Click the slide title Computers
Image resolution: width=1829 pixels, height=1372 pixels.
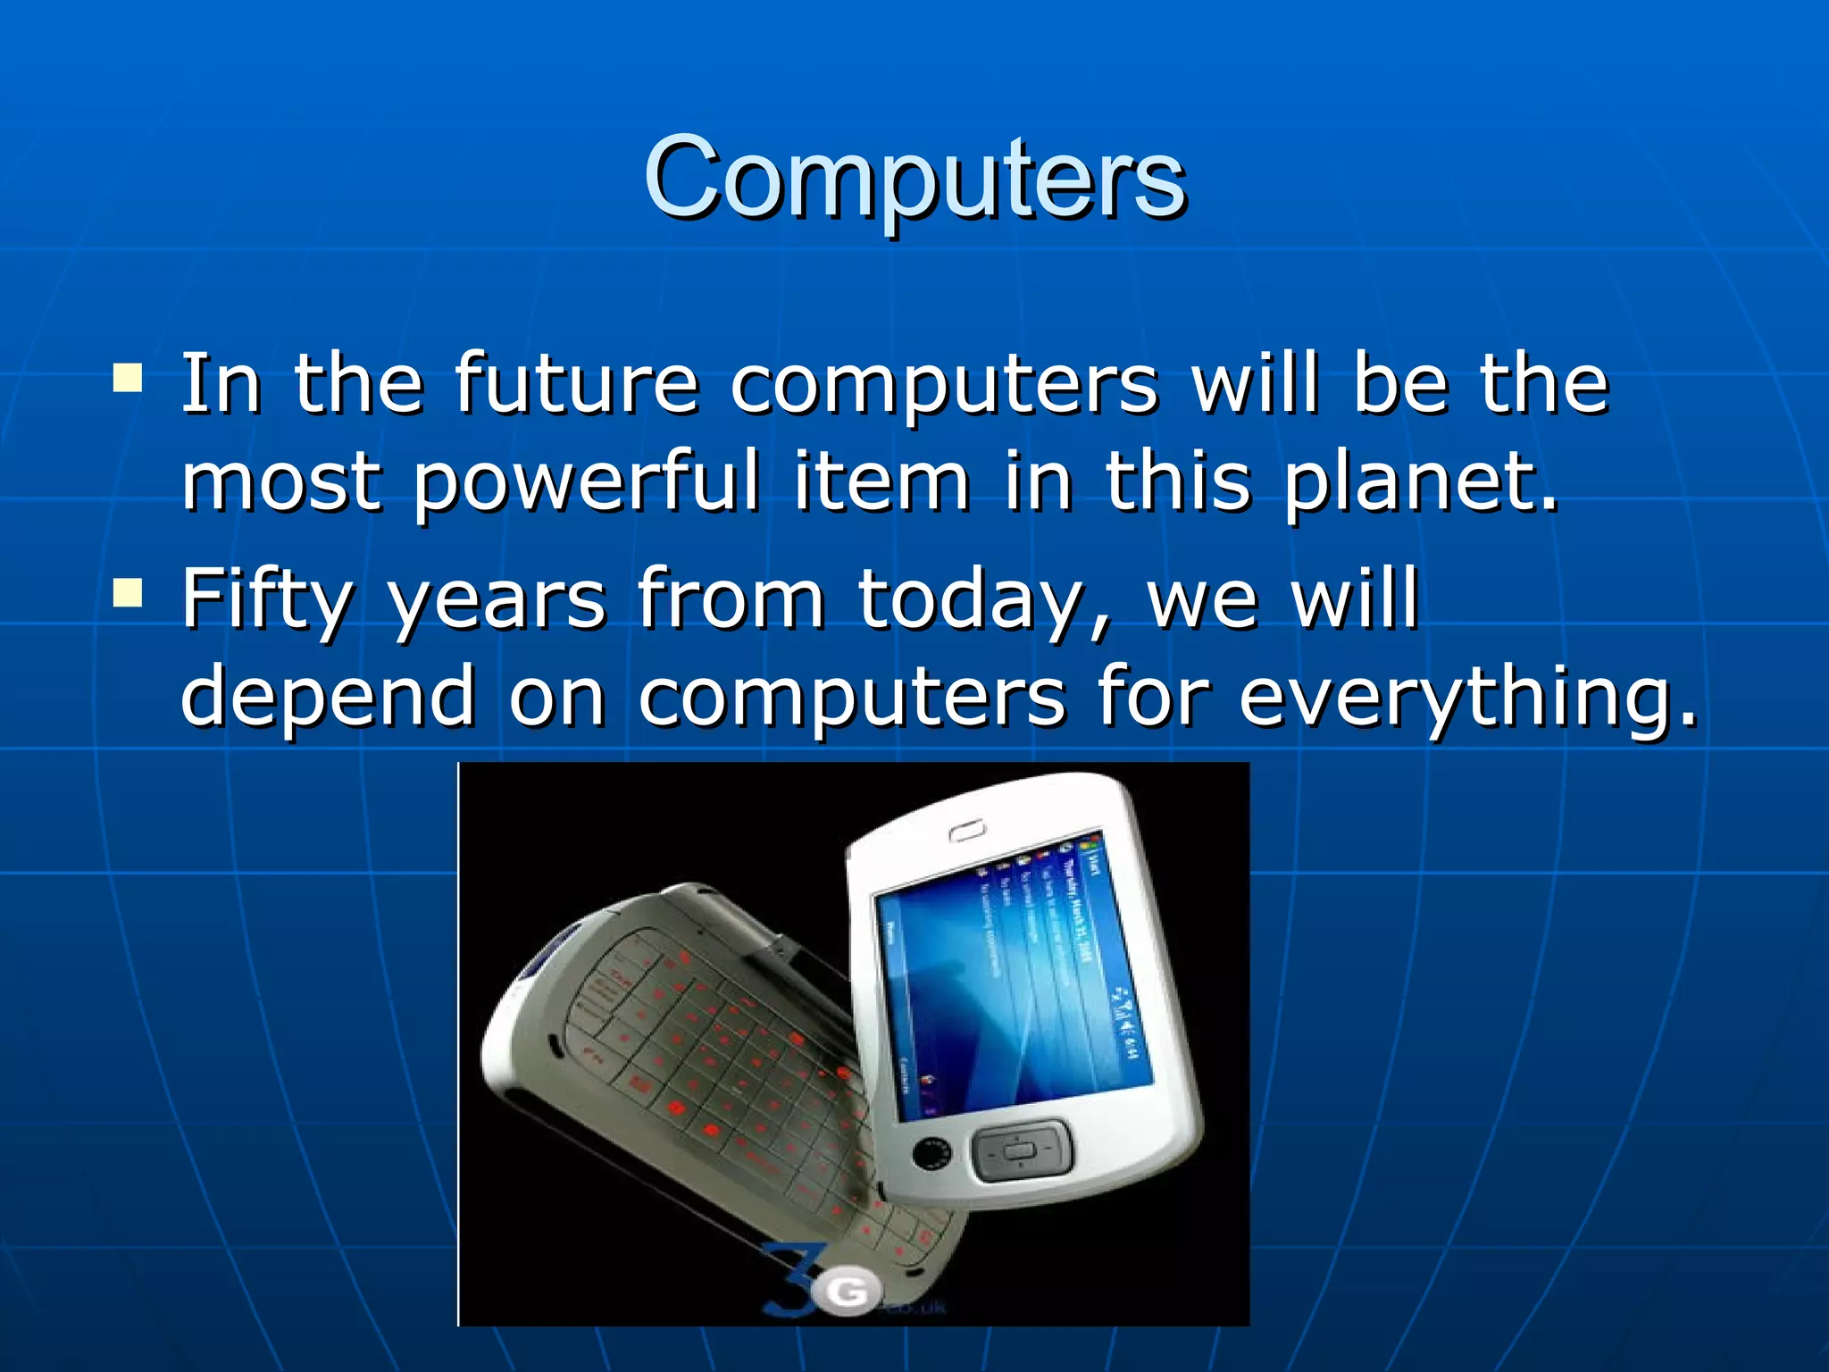(914, 178)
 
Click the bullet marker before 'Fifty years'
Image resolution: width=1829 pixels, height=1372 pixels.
(128, 591)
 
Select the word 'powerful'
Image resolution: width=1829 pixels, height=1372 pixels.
(586, 482)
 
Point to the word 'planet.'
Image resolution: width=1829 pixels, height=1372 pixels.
(1421, 482)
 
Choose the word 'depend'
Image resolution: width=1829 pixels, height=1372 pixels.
(328, 697)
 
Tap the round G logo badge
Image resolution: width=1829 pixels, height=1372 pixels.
(850, 1291)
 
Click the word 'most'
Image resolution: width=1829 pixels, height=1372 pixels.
(281, 482)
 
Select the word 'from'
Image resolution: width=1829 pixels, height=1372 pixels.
(731, 598)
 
